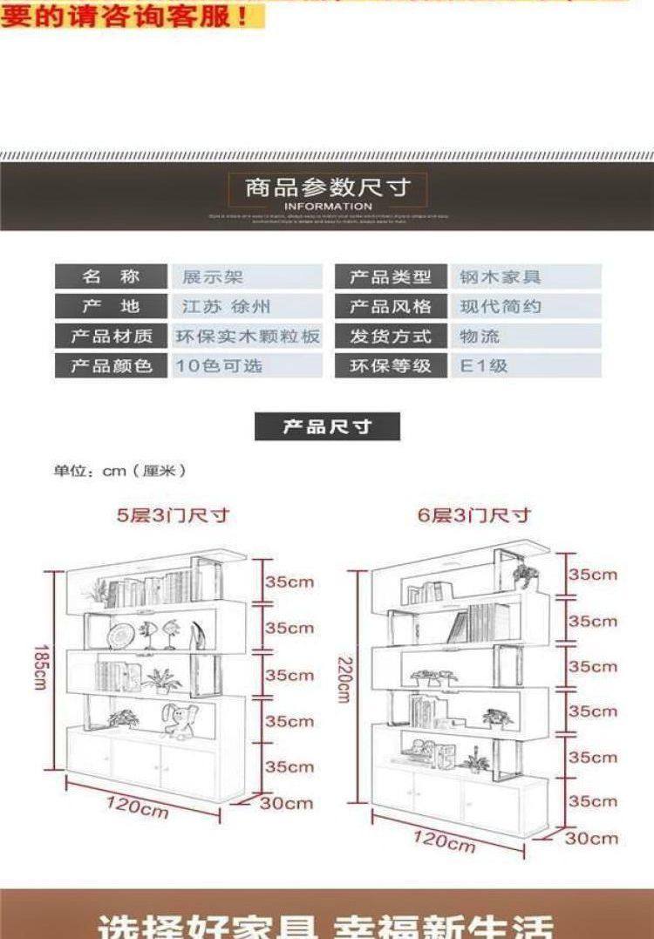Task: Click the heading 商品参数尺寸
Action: (327, 187)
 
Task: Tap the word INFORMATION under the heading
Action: (328, 207)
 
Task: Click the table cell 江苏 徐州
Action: (226, 307)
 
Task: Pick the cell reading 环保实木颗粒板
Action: (249, 337)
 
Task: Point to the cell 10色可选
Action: (220, 366)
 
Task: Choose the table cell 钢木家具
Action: (501, 277)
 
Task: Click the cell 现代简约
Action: (501, 307)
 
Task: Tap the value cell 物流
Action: (480, 337)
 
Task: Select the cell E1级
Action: (484, 366)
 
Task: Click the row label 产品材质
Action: (112, 337)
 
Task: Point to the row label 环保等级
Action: (391, 366)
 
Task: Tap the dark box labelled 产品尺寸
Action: (327, 427)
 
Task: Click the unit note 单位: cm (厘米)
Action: (120, 471)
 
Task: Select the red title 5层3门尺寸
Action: (174, 514)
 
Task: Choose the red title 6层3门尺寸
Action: (474, 514)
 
